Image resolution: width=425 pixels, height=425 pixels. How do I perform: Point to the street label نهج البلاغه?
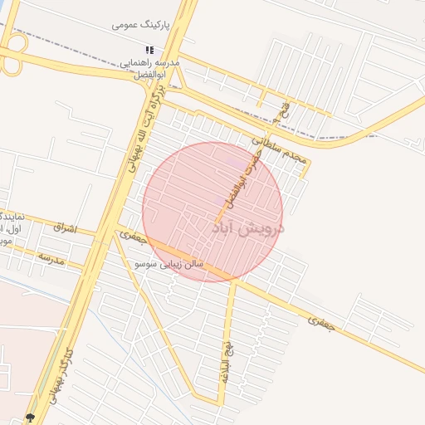coord(226,357)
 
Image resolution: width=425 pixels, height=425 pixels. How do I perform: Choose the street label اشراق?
coord(63,227)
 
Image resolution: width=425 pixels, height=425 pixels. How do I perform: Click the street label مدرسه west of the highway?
coord(50,256)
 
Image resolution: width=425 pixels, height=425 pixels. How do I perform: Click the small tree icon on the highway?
coord(32,418)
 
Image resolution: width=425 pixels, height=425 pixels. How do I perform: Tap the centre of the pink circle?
coord(212,212)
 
